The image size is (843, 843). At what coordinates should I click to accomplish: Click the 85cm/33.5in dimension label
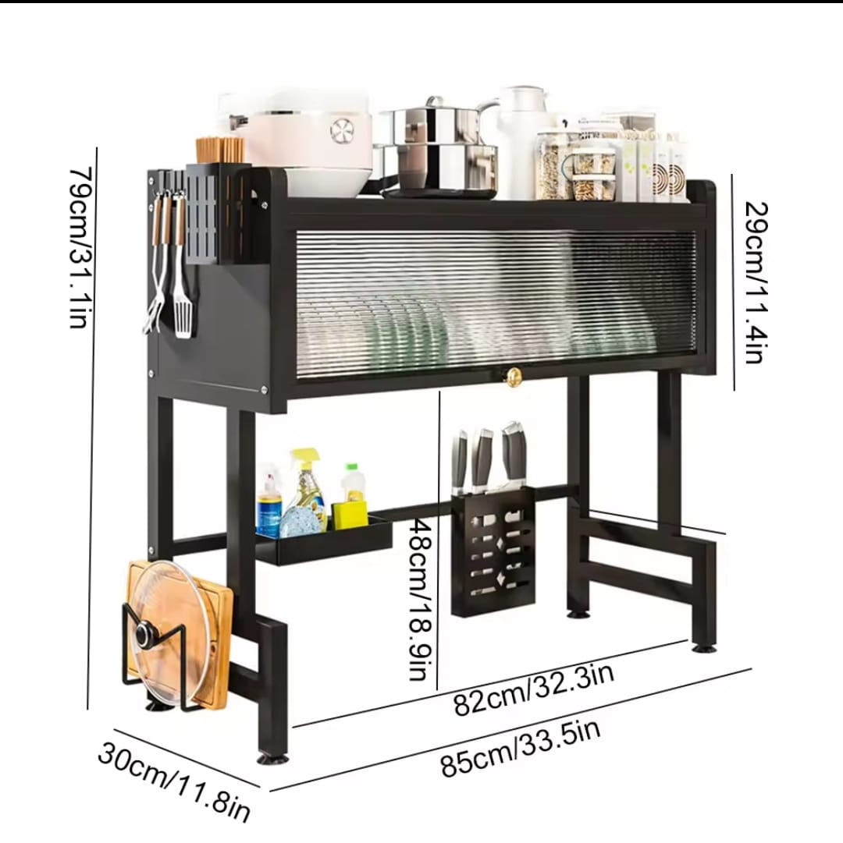(x=521, y=748)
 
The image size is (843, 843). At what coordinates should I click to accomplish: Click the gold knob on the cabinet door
(x=513, y=377)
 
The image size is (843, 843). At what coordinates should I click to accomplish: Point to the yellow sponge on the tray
(x=350, y=513)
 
